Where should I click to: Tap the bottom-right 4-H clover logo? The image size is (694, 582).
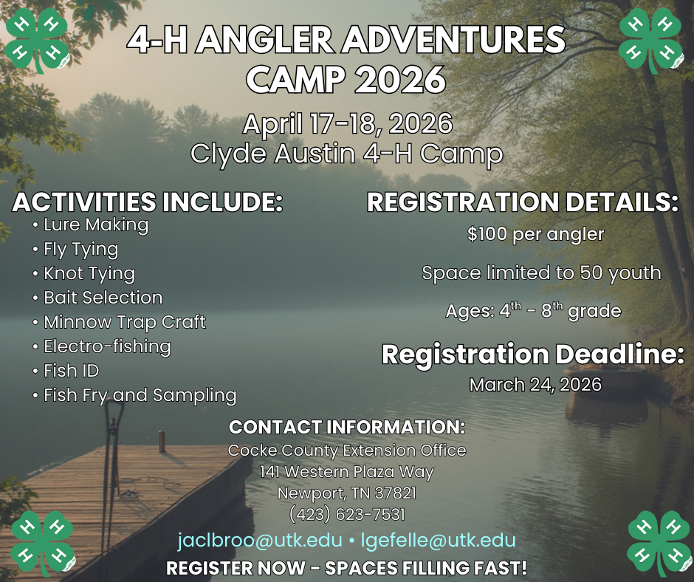tap(659, 544)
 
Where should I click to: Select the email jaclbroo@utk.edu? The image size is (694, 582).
tap(260, 541)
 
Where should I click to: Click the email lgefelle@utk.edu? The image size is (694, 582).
tap(438, 541)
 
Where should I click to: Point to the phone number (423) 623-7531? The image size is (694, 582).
tap(347, 514)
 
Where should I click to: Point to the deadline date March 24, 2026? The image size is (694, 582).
tap(535, 385)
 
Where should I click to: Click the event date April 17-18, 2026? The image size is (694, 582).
tap(348, 123)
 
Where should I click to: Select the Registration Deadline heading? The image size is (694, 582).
tap(533, 355)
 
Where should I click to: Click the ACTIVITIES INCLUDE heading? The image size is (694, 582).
tap(148, 202)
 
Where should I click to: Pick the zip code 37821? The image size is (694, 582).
tap(395, 493)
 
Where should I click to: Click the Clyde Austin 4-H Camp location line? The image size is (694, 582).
tap(347, 154)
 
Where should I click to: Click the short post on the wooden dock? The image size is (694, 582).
tap(162, 442)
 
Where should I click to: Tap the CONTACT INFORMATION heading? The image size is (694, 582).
tap(347, 427)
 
